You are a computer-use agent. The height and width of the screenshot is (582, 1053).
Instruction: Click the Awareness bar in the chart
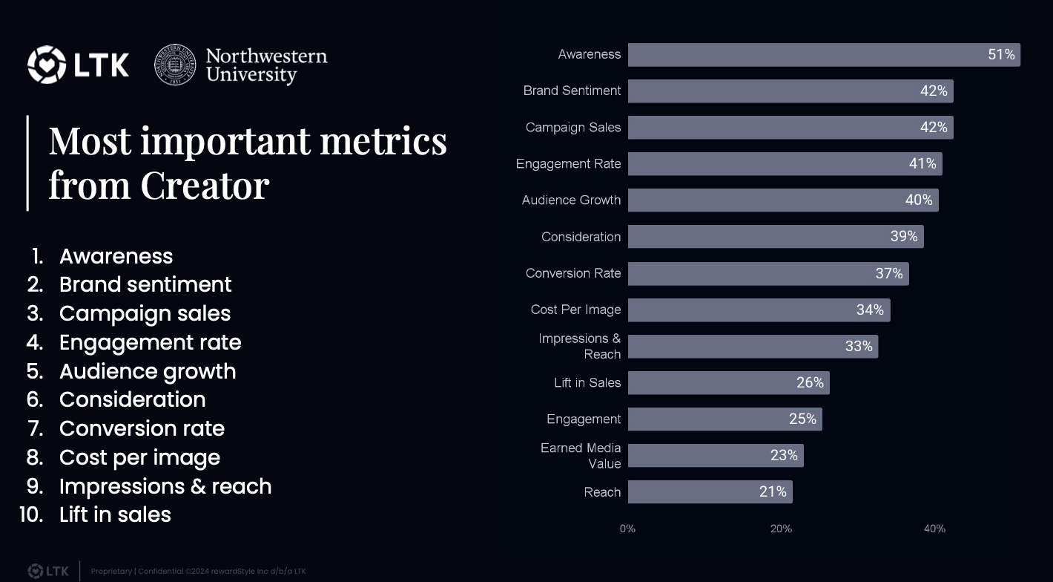coord(823,55)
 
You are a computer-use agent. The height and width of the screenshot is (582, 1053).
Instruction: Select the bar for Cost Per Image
coord(758,310)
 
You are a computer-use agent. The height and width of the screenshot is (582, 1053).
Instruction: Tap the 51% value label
coord(1000,55)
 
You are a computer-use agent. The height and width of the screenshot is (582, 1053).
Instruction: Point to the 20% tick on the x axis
coord(781,529)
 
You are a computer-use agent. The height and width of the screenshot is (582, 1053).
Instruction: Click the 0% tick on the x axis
coord(627,529)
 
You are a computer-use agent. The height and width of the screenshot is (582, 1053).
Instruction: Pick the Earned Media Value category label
coord(581,456)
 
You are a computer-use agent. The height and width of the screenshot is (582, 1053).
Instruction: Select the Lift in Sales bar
coord(727,383)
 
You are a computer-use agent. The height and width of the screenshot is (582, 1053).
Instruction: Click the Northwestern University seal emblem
coord(175,65)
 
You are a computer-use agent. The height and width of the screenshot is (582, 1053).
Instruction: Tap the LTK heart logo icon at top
coord(46,65)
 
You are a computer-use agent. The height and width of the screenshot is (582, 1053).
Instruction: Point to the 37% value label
coord(888,274)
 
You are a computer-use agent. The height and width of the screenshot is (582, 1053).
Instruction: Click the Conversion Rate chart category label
coord(572,273)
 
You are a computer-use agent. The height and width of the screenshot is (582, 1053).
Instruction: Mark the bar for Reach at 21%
coord(710,492)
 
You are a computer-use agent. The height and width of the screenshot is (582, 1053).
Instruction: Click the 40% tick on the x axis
coord(934,529)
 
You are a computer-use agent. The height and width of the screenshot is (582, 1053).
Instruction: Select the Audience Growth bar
coord(782,200)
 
